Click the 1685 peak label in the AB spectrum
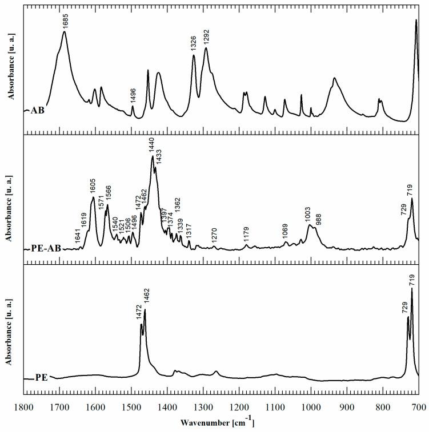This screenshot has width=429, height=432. (65, 22)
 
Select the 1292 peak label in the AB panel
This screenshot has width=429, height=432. (206, 38)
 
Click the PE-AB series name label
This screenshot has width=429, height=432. (42, 248)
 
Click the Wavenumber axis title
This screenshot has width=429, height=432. (217, 422)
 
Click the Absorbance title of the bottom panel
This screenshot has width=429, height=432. (9, 330)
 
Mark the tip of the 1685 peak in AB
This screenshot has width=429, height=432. (65, 32)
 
